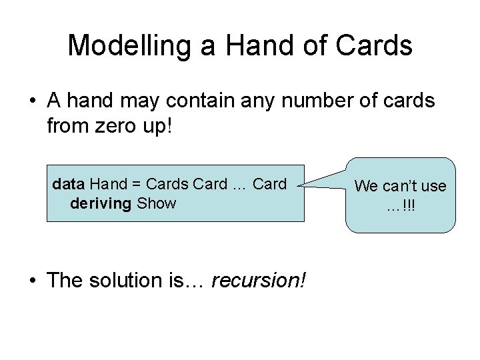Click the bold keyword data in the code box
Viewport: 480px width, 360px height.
[69, 183]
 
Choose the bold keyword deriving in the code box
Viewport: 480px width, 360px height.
[100, 203]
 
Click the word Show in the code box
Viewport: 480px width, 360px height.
[156, 203]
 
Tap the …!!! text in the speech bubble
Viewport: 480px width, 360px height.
[400, 206]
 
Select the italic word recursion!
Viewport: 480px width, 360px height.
[259, 281]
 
